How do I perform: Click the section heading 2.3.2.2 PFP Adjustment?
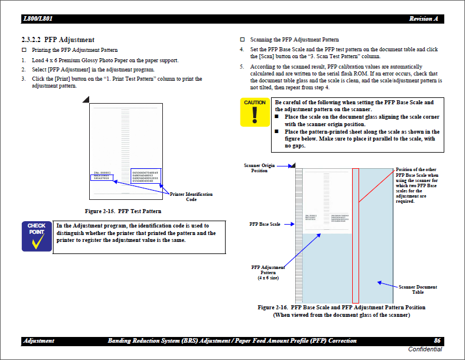[x=58, y=40]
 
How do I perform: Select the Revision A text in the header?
[x=423, y=19]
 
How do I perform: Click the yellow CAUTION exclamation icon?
[x=254, y=112]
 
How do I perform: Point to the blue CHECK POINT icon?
[x=36, y=236]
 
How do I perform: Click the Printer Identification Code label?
[x=191, y=196]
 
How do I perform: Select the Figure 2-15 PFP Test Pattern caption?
[x=123, y=211]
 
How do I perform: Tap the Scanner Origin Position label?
[x=259, y=168]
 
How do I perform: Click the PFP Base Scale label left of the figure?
[x=265, y=223]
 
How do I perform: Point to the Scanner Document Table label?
[x=417, y=289]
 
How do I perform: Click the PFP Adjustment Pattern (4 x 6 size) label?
[x=268, y=272]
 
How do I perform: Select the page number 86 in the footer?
[x=437, y=341]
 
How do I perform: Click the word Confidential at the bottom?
[x=425, y=350]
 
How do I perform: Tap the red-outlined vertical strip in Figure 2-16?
[x=355, y=236]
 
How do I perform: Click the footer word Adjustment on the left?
[x=39, y=341]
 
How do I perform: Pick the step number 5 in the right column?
[x=242, y=67]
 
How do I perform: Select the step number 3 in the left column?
[x=24, y=79]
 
